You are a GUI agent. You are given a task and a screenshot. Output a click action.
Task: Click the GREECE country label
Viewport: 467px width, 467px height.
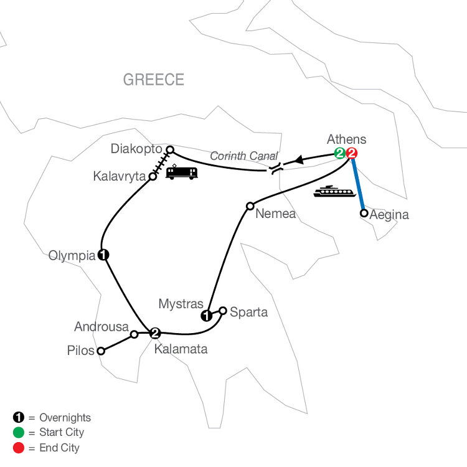click(x=153, y=80)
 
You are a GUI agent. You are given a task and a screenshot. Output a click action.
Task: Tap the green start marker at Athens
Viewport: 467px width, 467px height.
click(x=339, y=153)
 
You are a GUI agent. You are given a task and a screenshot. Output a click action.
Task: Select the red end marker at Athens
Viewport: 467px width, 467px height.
click(x=351, y=153)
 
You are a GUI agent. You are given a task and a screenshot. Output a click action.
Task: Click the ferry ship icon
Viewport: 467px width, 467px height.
click(x=334, y=191)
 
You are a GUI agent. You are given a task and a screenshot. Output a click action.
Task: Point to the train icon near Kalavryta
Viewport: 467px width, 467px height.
click(x=182, y=172)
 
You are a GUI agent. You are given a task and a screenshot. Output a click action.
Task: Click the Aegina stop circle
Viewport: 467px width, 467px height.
click(x=364, y=213)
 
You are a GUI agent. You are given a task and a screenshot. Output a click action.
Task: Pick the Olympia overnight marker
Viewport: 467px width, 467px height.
click(x=103, y=255)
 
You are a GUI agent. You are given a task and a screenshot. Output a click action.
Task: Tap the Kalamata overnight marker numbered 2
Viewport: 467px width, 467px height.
click(x=155, y=333)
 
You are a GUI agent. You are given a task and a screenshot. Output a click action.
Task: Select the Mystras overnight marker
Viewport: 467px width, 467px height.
click(x=207, y=316)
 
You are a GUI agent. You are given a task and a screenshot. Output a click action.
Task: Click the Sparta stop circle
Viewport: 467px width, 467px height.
click(x=223, y=311)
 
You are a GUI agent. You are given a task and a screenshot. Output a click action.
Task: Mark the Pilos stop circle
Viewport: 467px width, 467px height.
click(x=101, y=351)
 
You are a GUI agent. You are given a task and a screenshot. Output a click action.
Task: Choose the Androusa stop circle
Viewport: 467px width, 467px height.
click(x=134, y=334)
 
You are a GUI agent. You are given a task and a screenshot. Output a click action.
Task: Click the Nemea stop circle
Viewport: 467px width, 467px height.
click(x=250, y=206)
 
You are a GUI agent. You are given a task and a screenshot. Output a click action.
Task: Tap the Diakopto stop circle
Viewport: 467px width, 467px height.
click(x=170, y=149)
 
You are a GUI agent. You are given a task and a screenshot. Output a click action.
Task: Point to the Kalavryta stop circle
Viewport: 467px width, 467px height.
click(x=153, y=177)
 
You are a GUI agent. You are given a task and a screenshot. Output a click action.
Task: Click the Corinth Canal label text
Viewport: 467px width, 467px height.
click(x=244, y=156)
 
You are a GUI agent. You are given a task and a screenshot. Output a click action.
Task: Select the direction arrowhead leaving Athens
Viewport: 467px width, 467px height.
click(x=299, y=160)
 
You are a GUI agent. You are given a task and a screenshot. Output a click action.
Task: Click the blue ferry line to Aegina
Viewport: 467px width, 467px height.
click(x=358, y=185)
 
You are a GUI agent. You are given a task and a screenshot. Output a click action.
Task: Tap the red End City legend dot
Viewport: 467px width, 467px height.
click(x=19, y=448)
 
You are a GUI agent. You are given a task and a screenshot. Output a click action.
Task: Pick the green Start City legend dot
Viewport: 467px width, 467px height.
click(x=19, y=433)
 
